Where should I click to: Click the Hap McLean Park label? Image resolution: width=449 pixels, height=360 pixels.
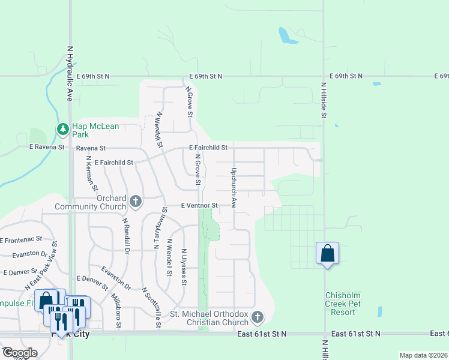pyautogui.click(x=95, y=131)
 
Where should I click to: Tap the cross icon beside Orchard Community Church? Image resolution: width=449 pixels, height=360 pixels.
pyautogui.click(x=136, y=202)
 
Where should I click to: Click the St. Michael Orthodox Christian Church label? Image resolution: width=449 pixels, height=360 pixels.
pyautogui.click(x=209, y=318)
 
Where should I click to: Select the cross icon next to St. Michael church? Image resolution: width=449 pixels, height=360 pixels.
pyautogui.click(x=257, y=316)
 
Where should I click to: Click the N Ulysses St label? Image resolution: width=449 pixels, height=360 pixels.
pyautogui.click(x=184, y=268)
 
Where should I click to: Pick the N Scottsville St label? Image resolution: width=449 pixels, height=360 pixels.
pyautogui.click(x=151, y=307)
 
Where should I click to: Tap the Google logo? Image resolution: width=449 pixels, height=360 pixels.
pyautogui.click(x=20, y=353)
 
